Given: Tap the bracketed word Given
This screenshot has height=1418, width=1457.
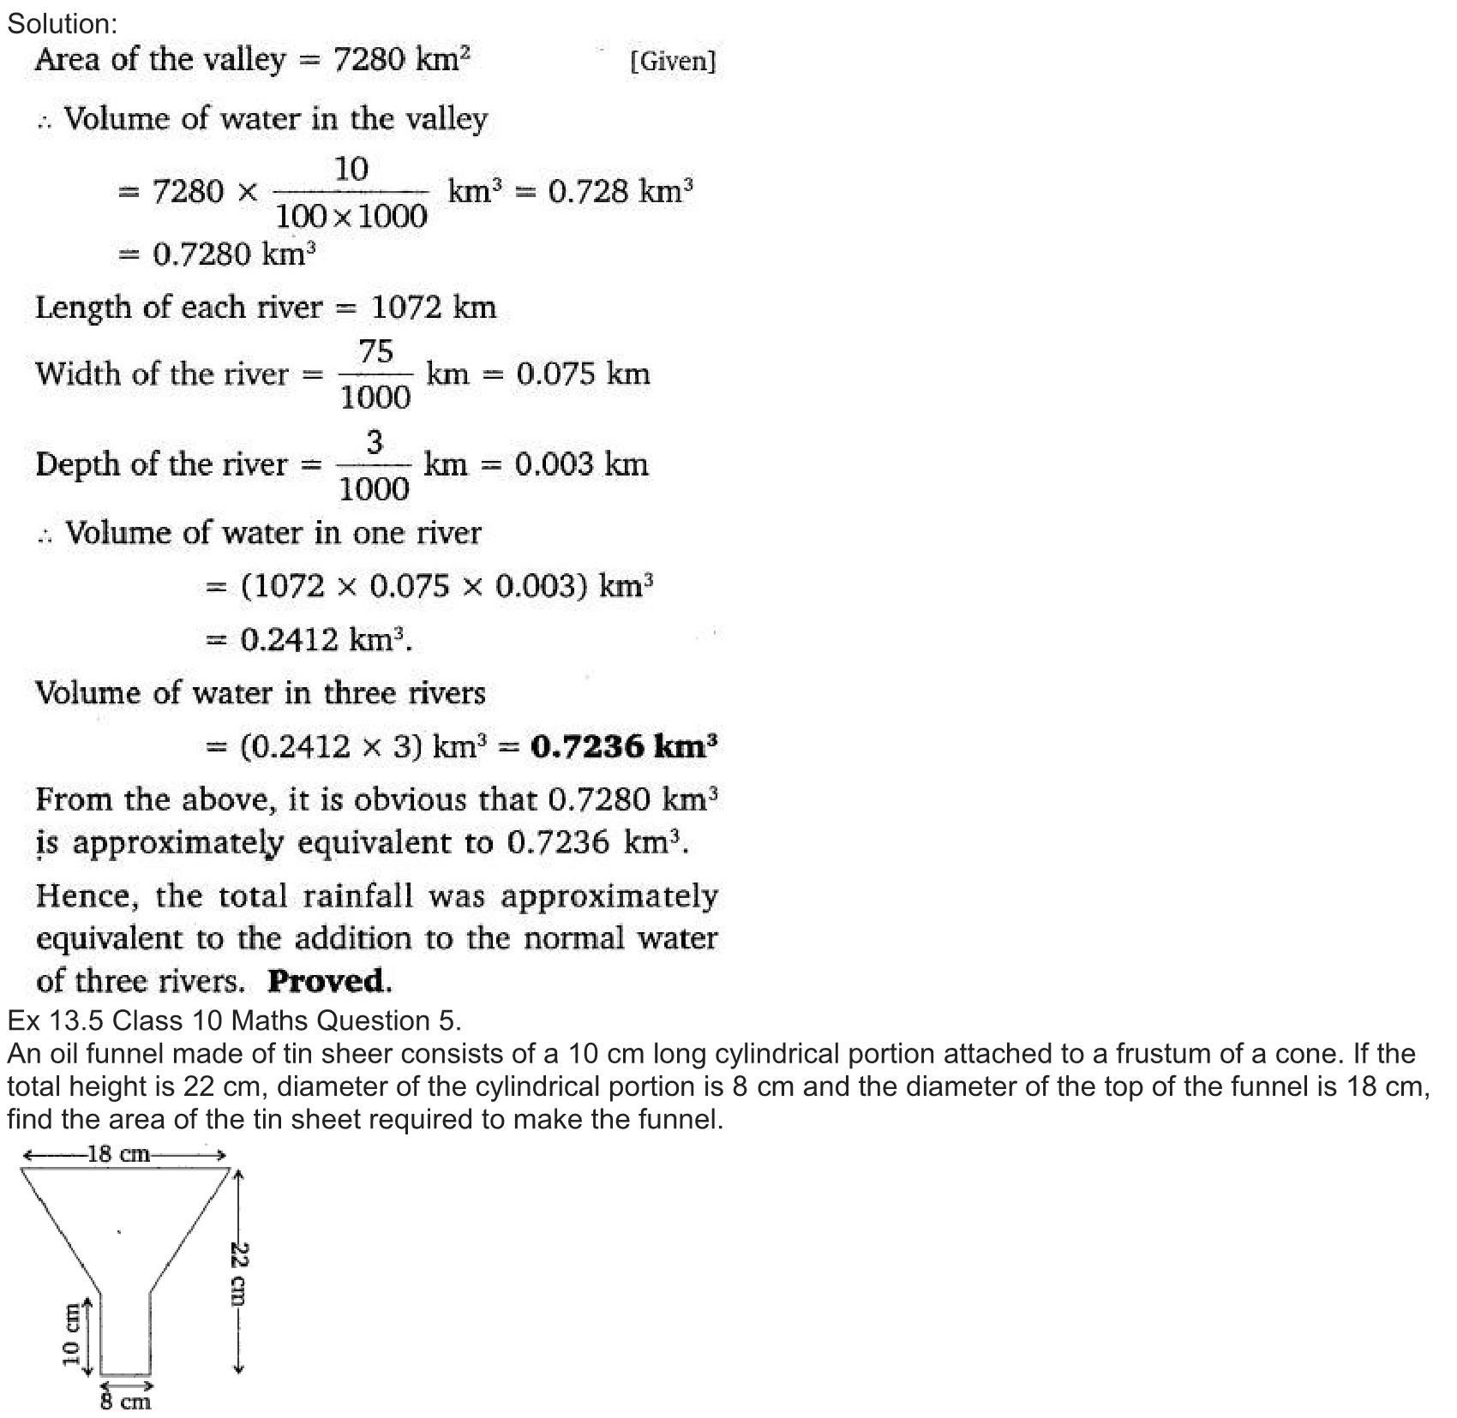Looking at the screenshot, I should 673,61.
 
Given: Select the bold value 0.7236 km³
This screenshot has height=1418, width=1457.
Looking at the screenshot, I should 624,746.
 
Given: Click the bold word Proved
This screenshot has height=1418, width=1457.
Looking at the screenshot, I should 330,981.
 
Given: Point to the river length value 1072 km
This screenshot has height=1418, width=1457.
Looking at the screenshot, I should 434,307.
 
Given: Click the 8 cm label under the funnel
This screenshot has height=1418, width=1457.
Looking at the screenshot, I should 125,1402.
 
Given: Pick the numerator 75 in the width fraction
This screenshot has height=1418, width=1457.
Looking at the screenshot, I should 375,351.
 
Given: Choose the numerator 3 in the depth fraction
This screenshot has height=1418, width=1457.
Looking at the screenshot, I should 375,443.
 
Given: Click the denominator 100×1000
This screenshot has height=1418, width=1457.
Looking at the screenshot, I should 351,216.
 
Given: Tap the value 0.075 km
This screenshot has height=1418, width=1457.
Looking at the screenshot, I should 583,374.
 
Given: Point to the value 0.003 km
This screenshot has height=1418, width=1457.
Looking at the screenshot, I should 581,464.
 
